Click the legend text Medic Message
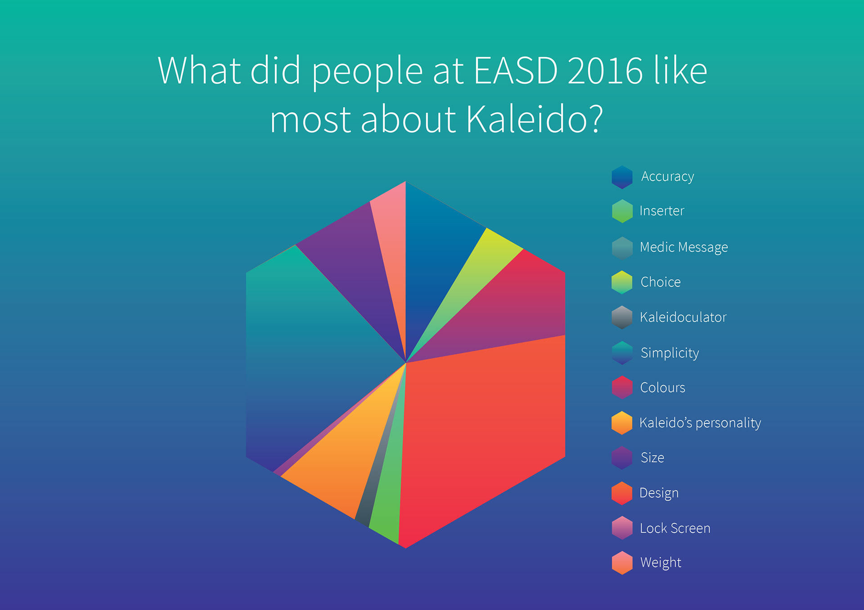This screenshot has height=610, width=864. (684, 247)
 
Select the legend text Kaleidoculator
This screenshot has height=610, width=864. (683, 317)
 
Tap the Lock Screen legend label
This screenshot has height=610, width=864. (675, 528)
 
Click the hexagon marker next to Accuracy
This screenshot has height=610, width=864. (622, 177)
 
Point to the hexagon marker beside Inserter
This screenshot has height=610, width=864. (622, 211)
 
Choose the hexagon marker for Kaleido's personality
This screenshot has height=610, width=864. (622, 423)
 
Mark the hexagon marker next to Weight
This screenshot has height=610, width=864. (622, 563)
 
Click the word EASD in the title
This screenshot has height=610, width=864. (516, 71)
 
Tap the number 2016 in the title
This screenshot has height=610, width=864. (605, 71)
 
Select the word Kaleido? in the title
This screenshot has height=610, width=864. (535, 120)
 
